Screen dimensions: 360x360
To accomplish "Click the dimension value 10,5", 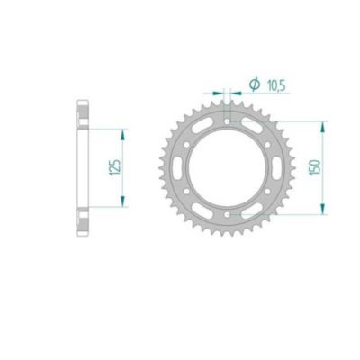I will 265,84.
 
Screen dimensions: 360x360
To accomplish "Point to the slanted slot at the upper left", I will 205,130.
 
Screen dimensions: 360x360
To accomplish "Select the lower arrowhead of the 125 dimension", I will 120,206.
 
